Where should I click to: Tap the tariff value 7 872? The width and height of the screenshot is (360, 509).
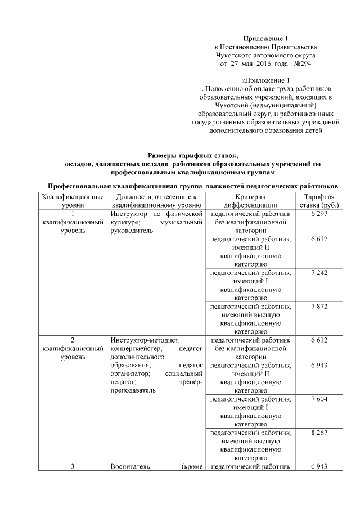(319, 307)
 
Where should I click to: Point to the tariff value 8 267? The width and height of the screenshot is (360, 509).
(319, 433)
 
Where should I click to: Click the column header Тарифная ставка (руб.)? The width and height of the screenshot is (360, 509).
(319, 201)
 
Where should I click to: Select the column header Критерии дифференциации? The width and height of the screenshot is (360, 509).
(250, 201)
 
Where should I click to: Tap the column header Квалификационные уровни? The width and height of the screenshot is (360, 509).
(73, 201)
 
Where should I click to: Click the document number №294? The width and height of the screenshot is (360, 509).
(302, 65)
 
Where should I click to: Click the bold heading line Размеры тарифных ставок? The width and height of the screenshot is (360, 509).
(193, 155)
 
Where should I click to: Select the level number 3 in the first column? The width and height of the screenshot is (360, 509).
(73, 467)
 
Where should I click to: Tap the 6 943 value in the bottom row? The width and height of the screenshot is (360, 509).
(319, 467)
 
